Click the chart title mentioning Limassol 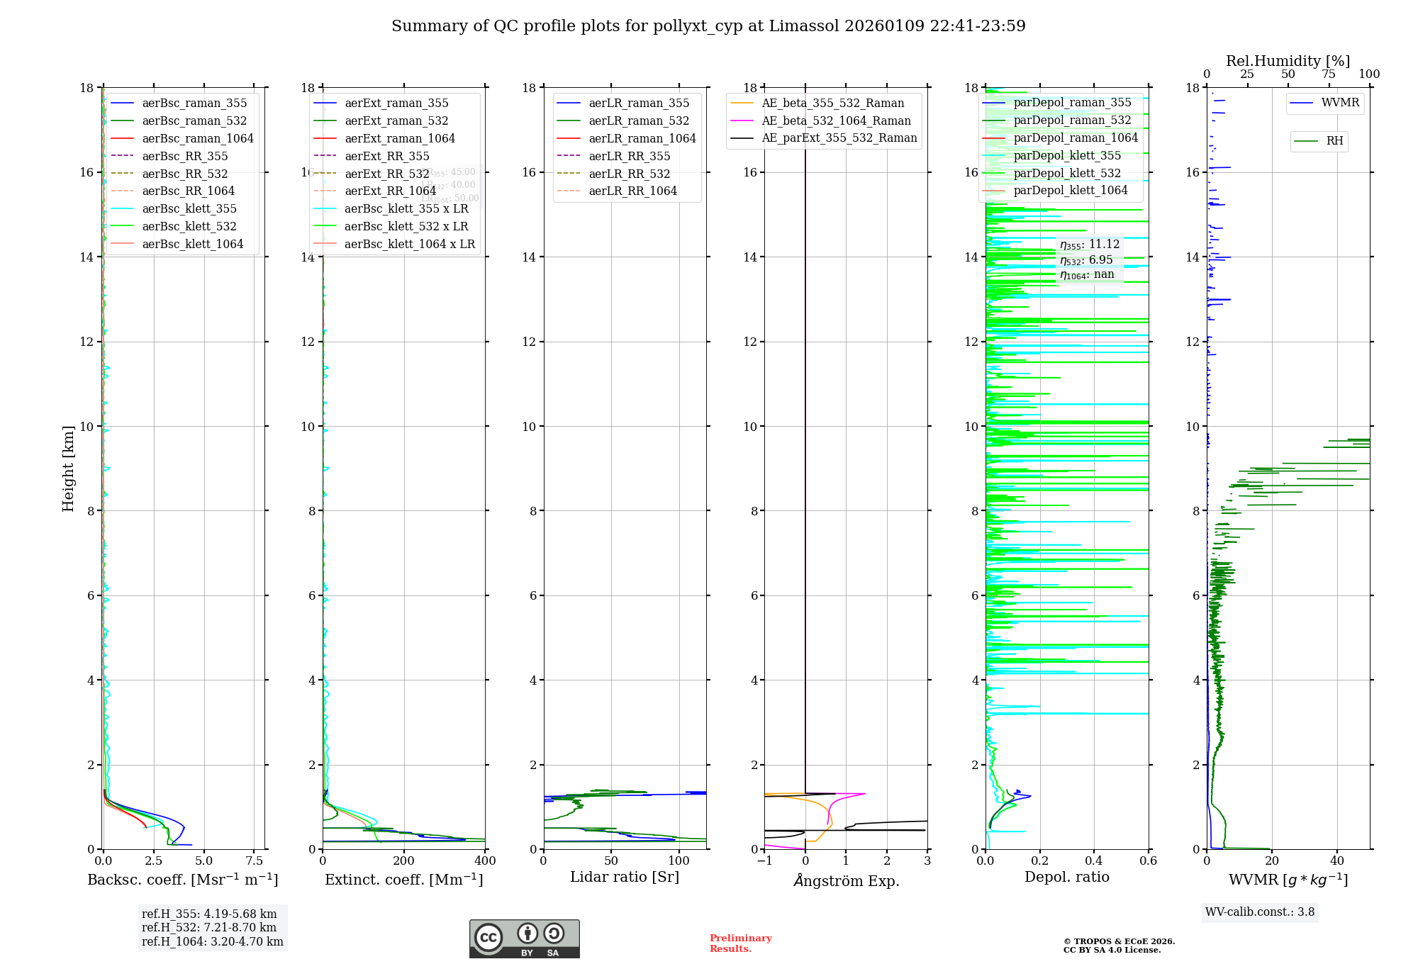pos(708,26)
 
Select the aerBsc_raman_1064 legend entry pos(197,138)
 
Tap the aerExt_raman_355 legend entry pos(396,103)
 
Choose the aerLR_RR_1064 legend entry pos(632,191)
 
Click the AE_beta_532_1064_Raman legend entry pos(836,120)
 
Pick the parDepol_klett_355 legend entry pos(1067,155)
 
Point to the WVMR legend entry pos(1340,103)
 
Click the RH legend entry pos(1334,141)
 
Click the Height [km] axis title pos(68,468)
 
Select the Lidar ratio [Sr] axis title pos(625,877)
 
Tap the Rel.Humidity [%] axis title pos(1288,61)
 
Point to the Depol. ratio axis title pos(1066,877)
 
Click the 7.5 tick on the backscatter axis pos(255,861)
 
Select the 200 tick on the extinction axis pos(404,861)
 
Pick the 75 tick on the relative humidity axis pos(1329,74)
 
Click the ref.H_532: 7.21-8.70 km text pos(209,928)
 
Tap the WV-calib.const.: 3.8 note pos(1260,912)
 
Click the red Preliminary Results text pos(740,943)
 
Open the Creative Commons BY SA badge pos(524,939)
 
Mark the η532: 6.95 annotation pos(1086,260)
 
